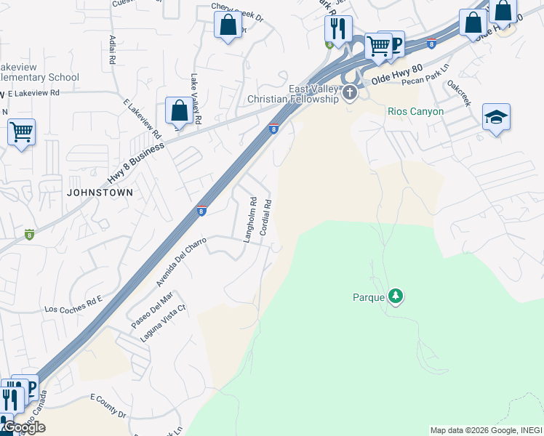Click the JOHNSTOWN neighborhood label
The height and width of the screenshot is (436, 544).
(100, 193)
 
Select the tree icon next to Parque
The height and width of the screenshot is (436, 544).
(395, 296)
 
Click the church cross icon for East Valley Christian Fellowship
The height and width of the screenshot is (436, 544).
(350, 92)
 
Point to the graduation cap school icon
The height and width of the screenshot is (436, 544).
(496, 118)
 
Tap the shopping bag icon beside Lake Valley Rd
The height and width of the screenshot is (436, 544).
(179, 111)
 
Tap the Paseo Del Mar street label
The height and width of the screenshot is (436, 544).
(152, 309)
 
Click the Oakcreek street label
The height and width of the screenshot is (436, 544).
(460, 94)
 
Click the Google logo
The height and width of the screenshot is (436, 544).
(23, 427)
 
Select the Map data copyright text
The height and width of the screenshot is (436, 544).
(486, 430)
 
